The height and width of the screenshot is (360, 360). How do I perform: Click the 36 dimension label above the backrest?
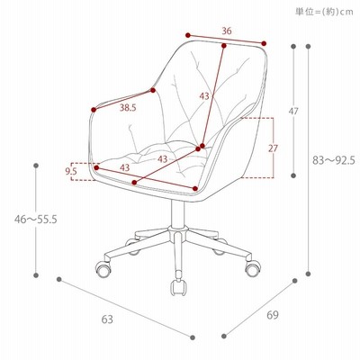click(x=227, y=31)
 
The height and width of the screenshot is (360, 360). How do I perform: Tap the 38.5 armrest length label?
click(x=128, y=108)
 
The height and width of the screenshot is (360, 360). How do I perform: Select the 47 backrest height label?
click(x=293, y=112)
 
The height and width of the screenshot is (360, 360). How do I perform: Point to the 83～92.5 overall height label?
click(x=334, y=160)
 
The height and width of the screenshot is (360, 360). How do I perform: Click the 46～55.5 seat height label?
click(x=36, y=220)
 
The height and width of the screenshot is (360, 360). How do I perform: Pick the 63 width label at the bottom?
click(x=107, y=319)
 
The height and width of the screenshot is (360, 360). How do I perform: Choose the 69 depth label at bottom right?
click(x=273, y=315)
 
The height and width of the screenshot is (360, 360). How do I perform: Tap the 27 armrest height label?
click(x=273, y=148)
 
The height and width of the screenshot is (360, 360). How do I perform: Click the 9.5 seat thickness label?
click(x=71, y=171)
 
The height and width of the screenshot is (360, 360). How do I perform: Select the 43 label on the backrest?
click(x=204, y=96)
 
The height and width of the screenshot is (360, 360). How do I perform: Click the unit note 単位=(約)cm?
click(x=324, y=12)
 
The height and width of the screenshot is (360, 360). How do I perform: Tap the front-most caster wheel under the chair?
click(x=178, y=287)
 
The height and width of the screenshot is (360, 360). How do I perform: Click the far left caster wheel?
click(x=103, y=268)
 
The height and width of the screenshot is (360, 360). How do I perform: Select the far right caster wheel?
click(x=253, y=268)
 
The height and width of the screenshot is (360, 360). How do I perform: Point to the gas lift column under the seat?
click(x=177, y=213)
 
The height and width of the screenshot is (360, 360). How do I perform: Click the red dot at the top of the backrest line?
click(x=224, y=46)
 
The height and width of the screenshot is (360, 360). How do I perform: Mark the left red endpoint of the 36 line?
click(x=188, y=35)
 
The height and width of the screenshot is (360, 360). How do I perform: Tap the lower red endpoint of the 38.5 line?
click(x=94, y=110)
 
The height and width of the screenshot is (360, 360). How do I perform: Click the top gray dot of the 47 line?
click(x=293, y=46)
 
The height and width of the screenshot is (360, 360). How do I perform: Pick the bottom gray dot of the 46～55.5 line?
click(x=36, y=275)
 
